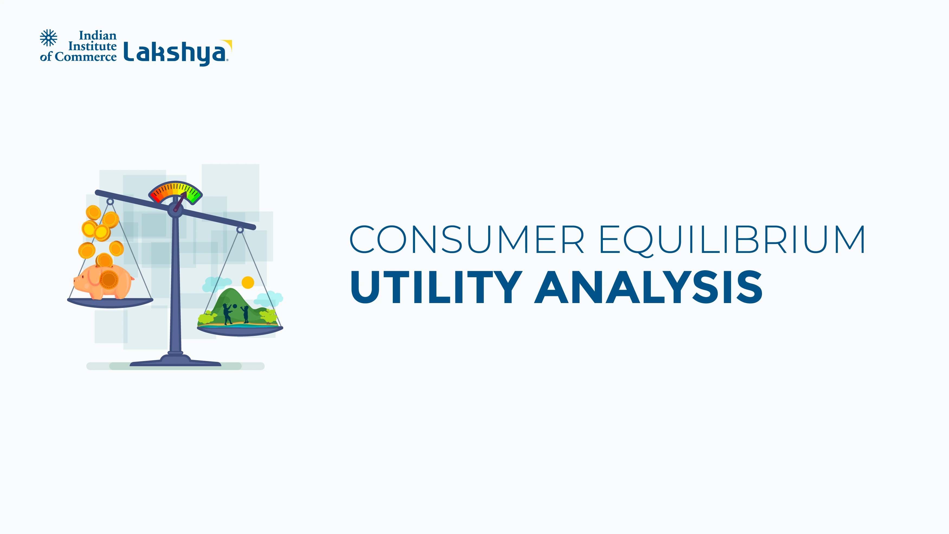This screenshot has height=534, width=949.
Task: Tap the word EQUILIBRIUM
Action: [x=733, y=240]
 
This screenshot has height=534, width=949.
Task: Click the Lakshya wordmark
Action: [x=175, y=53]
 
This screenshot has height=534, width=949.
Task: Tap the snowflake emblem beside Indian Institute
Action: [x=49, y=38]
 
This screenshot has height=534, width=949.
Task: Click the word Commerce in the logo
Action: [x=85, y=57]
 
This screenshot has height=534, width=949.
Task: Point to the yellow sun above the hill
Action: [x=248, y=282]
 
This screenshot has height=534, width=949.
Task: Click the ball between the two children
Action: [x=235, y=306]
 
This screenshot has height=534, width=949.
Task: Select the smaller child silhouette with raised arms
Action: [x=245, y=314]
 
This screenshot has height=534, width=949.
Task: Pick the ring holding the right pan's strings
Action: [x=240, y=230]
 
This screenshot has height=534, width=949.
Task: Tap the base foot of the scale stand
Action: [x=175, y=361]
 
